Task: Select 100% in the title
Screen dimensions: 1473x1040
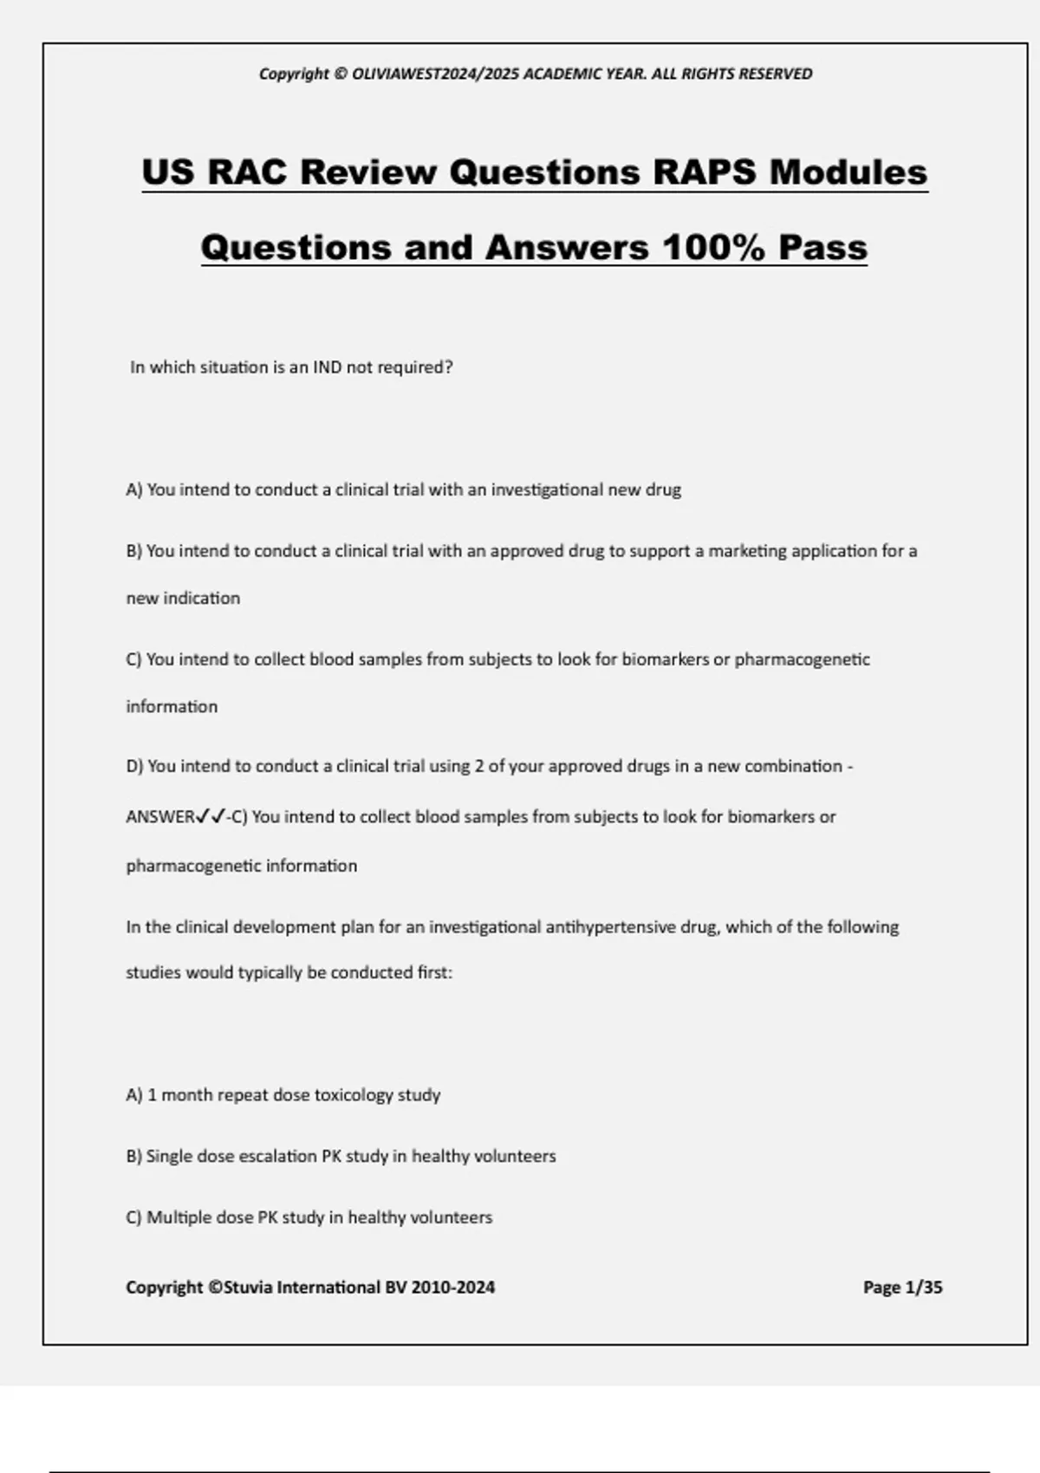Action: (x=713, y=248)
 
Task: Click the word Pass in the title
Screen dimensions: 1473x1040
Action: (x=822, y=248)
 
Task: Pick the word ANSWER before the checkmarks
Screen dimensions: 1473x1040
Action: (x=160, y=816)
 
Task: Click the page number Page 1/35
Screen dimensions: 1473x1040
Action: (x=902, y=1288)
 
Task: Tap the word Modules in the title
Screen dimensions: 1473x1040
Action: (x=848, y=172)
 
